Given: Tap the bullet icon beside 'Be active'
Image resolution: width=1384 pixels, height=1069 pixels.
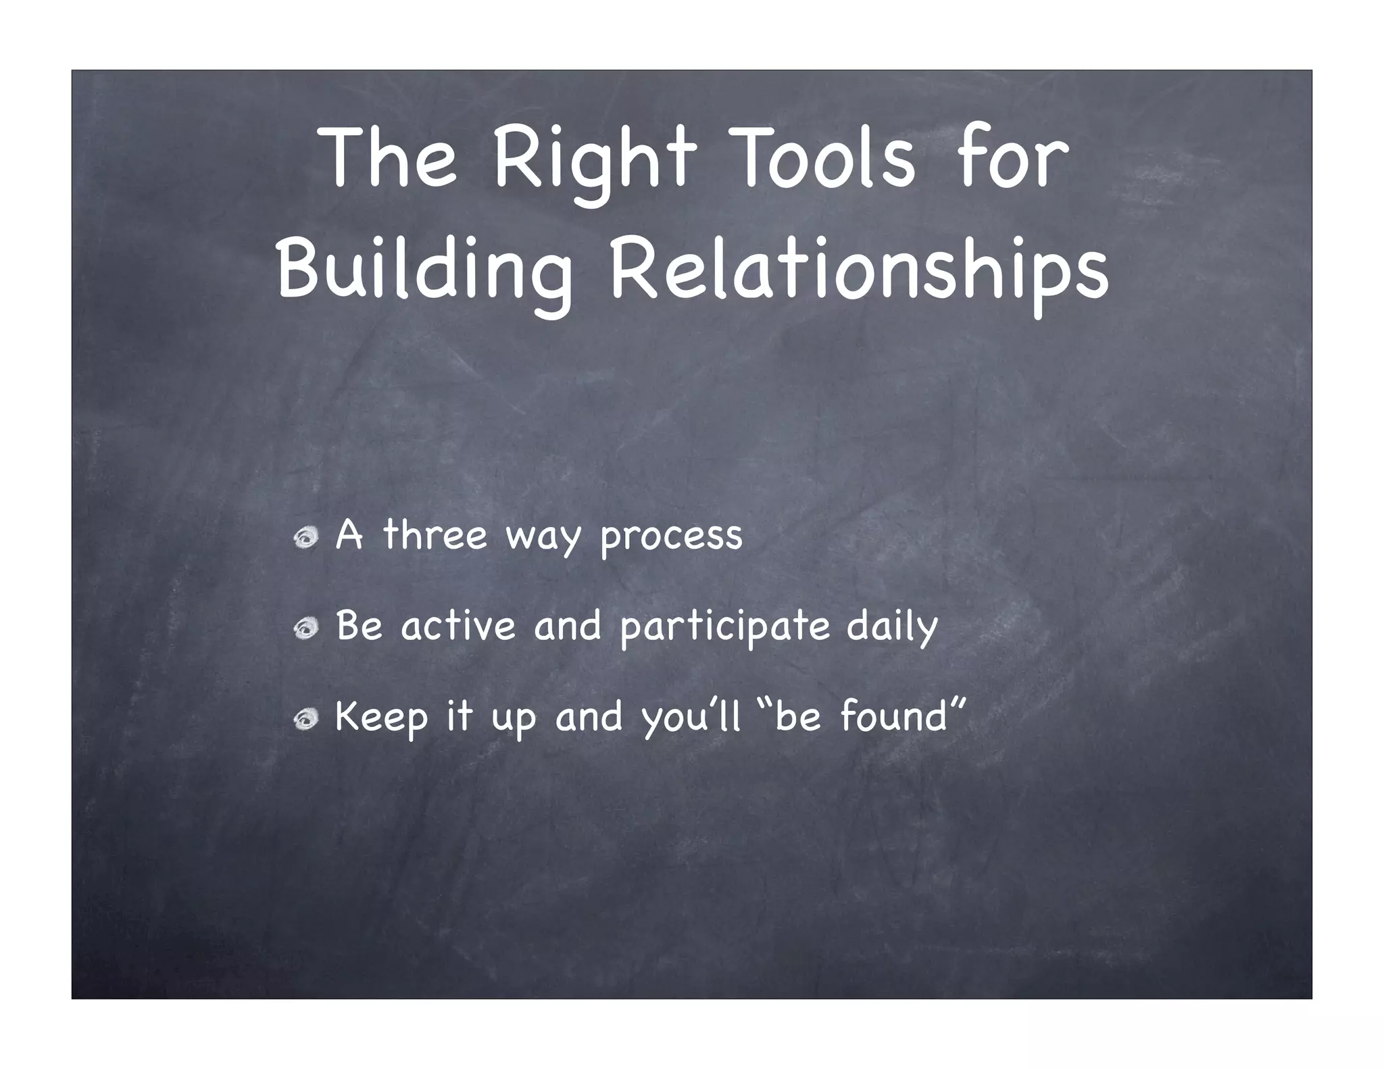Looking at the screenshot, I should coord(306,628).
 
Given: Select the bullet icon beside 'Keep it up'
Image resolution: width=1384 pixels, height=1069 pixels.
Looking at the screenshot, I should coord(306,720).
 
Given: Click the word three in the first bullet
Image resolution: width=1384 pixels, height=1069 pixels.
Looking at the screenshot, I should coord(435,535).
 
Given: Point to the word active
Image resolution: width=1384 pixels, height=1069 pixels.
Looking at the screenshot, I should coord(458,625).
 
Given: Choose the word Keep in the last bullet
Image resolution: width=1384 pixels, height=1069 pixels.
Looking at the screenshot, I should coord(382,718).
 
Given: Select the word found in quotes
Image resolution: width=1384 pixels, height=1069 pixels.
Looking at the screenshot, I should coord(895,716).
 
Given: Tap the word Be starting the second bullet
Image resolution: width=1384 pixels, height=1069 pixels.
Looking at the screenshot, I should coord(360,625).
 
